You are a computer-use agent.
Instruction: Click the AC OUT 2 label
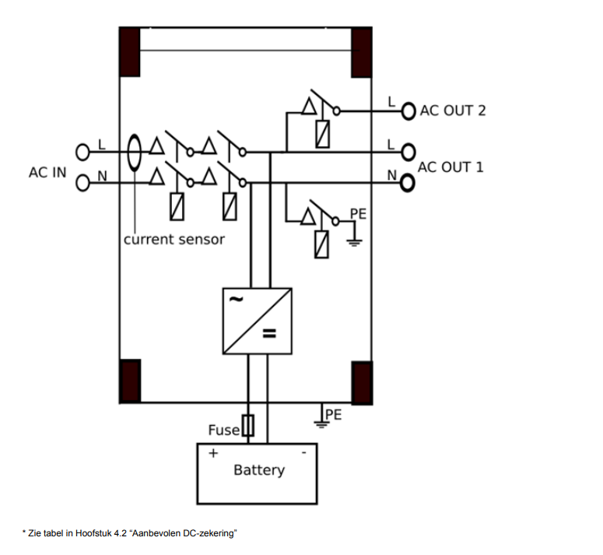pos(453,111)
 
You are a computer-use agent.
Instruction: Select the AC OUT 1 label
pos(450,167)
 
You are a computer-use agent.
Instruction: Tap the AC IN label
pos(47,173)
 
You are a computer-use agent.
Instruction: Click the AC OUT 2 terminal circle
pos(408,111)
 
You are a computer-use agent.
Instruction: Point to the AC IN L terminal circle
pos(82,152)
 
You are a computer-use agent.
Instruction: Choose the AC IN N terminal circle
pos(82,183)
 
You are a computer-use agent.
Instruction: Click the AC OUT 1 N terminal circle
pos(407,183)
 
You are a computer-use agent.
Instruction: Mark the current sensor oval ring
pos(128,153)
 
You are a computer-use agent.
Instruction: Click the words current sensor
pos(174,240)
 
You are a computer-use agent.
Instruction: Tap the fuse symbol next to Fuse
pos(248,425)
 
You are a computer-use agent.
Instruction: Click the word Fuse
pos(224,430)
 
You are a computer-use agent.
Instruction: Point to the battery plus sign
pos(213,453)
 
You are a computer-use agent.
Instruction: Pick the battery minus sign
pos(303,453)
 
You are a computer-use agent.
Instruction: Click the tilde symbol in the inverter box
pos(236,299)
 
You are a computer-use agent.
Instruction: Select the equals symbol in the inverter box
pos(269,333)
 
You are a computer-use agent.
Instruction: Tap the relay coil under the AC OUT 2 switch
pos(323,134)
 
